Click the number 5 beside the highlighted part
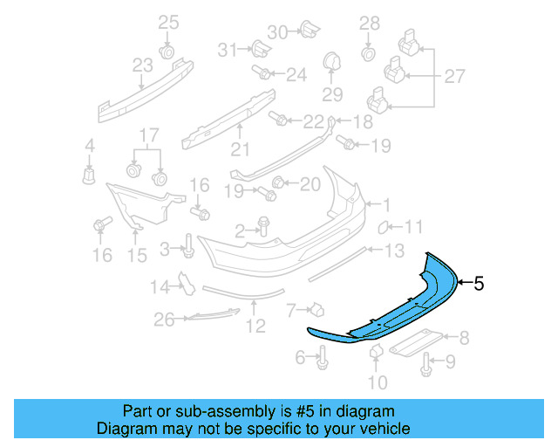tap(478, 283)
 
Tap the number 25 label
tap(167, 22)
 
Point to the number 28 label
tap(370, 23)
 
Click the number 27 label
tap(454, 77)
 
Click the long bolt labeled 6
tap(323, 357)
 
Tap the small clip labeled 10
tap(376, 351)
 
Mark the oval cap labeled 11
tap(383, 229)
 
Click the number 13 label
tap(394, 251)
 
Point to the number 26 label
tap(165, 320)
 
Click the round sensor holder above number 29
tap(332, 62)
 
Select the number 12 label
tap(255, 328)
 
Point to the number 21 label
tap(240, 148)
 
